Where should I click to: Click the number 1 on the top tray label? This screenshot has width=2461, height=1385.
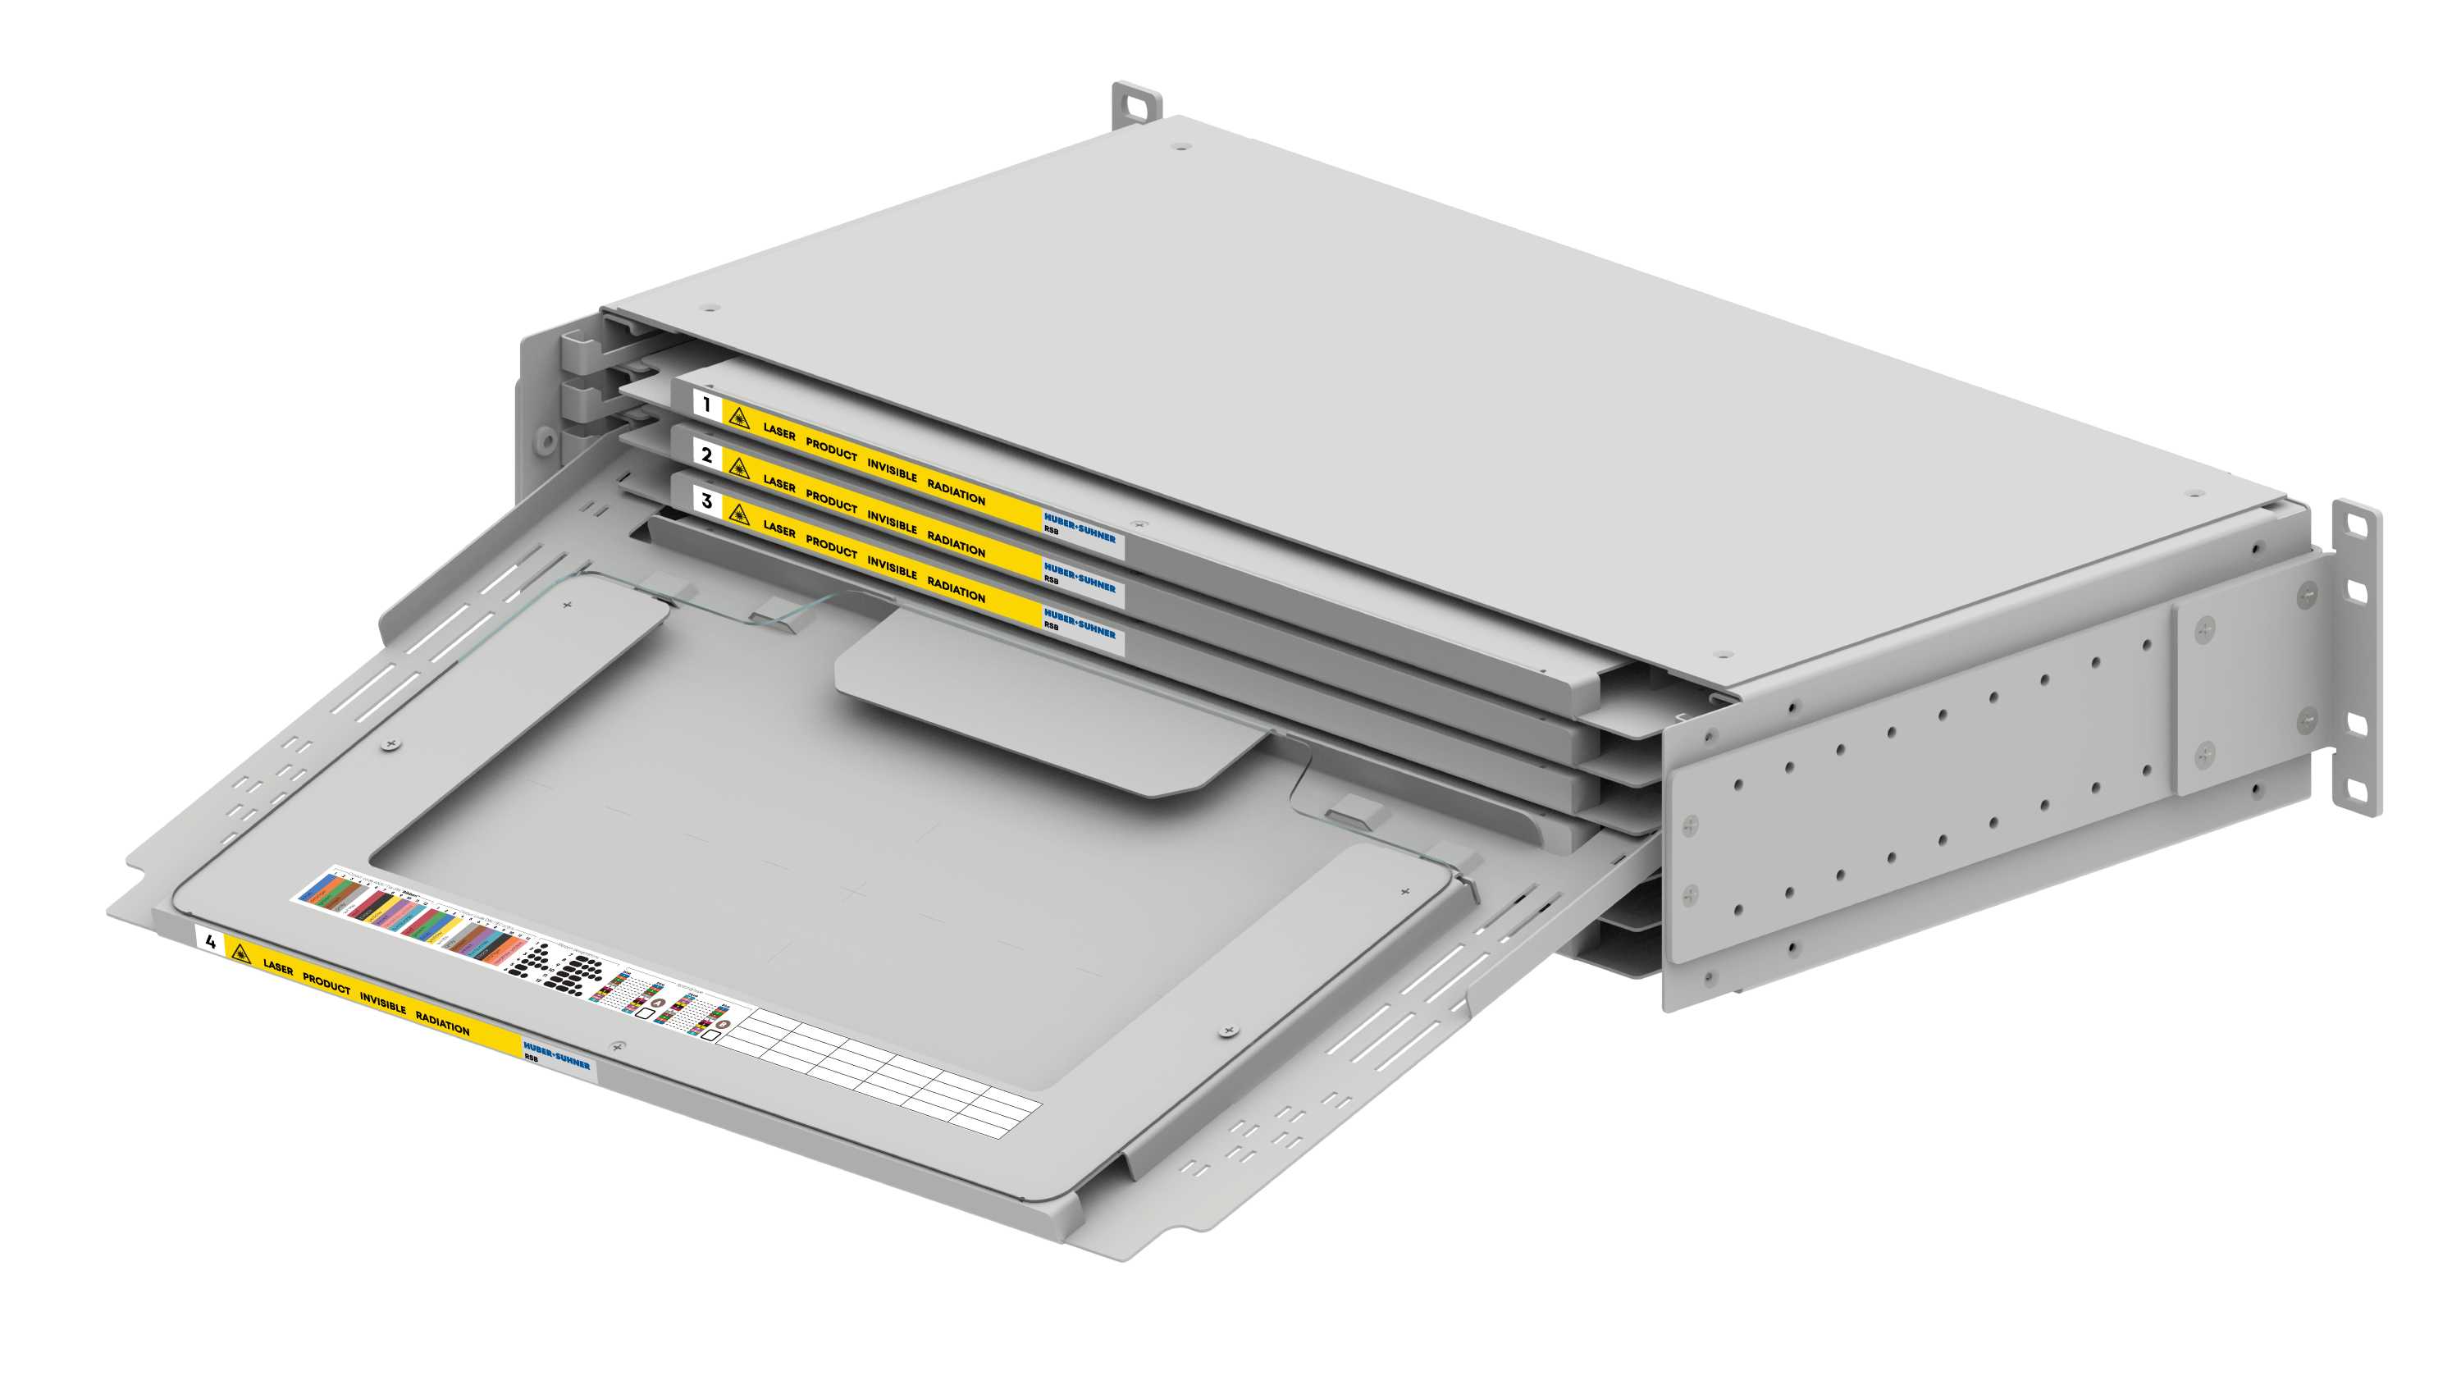click(707, 405)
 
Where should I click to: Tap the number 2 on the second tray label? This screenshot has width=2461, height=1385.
click(707, 455)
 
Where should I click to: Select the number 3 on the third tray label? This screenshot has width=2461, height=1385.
click(707, 501)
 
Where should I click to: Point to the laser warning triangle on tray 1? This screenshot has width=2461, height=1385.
click(738, 418)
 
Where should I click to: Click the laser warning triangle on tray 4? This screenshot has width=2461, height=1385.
click(239, 953)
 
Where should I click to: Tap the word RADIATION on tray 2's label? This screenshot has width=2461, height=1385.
click(956, 544)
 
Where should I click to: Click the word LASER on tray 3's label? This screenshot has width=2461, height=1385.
click(779, 528)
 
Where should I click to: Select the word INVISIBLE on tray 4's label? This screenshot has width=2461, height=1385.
click(383, 1003)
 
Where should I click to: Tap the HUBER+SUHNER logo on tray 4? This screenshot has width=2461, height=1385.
click(557, 1056)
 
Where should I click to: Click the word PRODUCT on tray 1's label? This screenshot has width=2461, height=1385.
click(831, 450)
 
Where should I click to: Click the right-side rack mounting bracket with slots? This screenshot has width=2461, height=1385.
click(2356, 660)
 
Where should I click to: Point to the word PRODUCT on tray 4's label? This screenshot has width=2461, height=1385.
click(326, 984)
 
